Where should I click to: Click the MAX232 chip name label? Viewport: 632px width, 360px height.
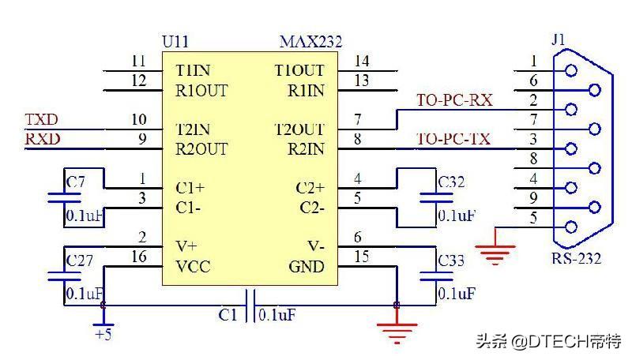(310, 42)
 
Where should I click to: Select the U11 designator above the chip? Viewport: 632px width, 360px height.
(175, 42)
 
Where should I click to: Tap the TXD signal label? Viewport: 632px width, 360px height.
(41, 120)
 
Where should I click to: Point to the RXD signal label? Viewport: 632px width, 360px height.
(42, 140)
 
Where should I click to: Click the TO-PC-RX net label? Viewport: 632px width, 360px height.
(454, 100)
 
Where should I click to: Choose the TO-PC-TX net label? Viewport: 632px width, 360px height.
(453, 140)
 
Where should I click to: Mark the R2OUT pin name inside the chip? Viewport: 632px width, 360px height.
(202, 148)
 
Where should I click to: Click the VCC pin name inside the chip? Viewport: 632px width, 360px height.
(194, 267)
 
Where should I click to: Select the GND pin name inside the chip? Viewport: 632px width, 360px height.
(306, 267)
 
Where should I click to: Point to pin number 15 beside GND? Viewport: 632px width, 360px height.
(361, 257)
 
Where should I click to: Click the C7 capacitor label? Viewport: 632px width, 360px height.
(76, 183)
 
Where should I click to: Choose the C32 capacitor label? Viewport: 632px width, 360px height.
(451, 183)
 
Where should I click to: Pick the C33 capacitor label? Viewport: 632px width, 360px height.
(451, 260)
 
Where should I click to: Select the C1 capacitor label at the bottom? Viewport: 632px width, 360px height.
(228, 315)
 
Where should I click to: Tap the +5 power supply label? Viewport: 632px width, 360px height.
(102, 333)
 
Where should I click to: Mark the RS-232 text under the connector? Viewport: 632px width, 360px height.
(577, 258)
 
